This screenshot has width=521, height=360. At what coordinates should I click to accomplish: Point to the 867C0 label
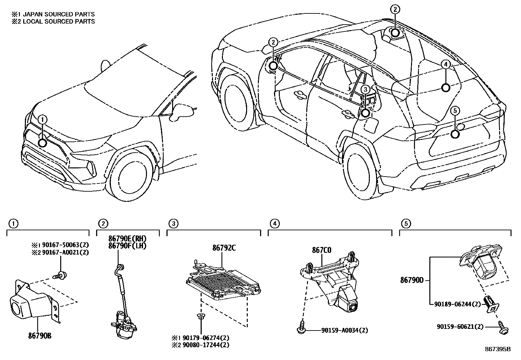321,251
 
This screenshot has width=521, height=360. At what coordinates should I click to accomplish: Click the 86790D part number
412,280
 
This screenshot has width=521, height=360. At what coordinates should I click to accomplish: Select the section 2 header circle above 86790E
103,224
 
